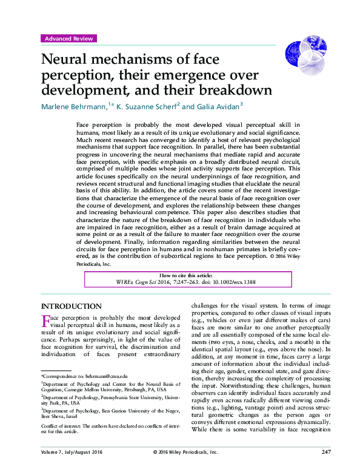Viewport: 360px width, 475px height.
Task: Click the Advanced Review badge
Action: tap(69, 38)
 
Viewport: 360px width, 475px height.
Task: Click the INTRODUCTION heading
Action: tap(71, 306)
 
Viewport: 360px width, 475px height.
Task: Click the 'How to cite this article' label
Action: tap(180, 274)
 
